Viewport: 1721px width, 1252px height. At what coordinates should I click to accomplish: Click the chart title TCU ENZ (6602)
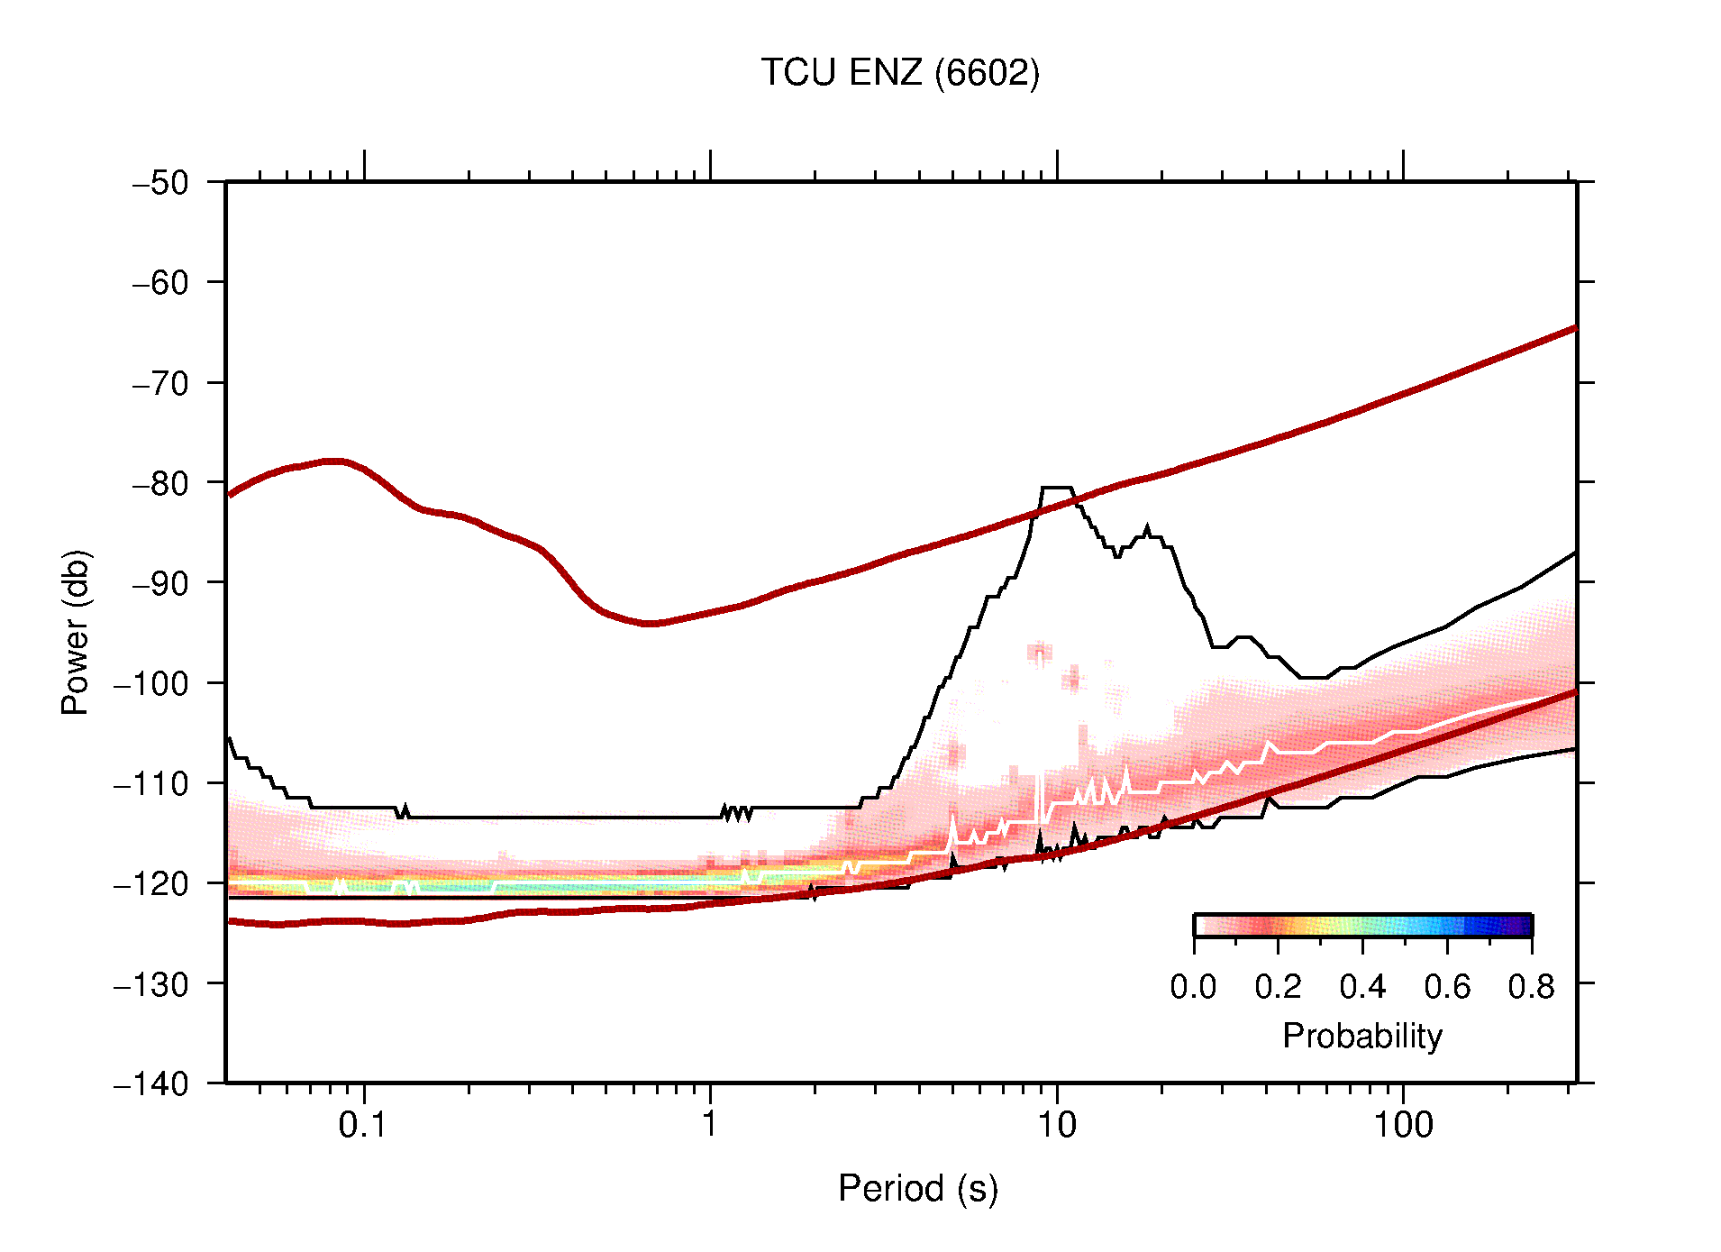click(x=899, y=73)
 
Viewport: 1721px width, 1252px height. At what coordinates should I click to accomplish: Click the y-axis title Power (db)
click(x=76, y=632)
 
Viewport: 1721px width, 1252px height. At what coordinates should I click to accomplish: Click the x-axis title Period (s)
click(x=917, y=1189)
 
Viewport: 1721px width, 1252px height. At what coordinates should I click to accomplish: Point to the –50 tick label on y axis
click(x=160, y=183)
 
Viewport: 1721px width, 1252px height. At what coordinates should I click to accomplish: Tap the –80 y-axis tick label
click(x=160, y=483)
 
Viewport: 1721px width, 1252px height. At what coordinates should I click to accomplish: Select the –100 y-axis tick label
click(x=151, y=683)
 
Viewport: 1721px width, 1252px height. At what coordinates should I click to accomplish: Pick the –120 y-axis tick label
click(x=151, y=883)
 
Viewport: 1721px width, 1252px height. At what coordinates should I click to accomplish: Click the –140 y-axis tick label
click(x=151, y=1083)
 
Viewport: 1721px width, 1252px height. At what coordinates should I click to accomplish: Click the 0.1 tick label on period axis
click(x=362, y=1125)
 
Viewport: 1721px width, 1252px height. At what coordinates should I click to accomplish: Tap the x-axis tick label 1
click(x=710, y=1125)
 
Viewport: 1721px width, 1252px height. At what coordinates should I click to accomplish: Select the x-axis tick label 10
click(x=1056, y=1125)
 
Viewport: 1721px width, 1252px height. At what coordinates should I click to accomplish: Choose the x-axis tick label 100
click(x=1403, y=1125)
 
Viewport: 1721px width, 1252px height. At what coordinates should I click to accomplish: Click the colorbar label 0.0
click(x=1193, y=987)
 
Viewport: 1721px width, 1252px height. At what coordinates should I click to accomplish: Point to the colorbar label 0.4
click(x=1362, y=987)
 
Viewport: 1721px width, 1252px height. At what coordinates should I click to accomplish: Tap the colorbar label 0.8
click(x=1531, y=987)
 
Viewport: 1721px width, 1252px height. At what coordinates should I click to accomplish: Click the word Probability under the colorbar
click(x=1361, y=1037)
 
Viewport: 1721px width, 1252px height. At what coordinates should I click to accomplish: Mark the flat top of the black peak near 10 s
click(x=1056, y=488)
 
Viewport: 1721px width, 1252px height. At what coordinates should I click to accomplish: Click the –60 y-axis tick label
click(x=160, y=283)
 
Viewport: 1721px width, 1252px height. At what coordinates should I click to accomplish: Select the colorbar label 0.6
click(x=1447, y=987)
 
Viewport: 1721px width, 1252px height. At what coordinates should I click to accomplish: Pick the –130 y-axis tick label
click(x=151, y=983)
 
